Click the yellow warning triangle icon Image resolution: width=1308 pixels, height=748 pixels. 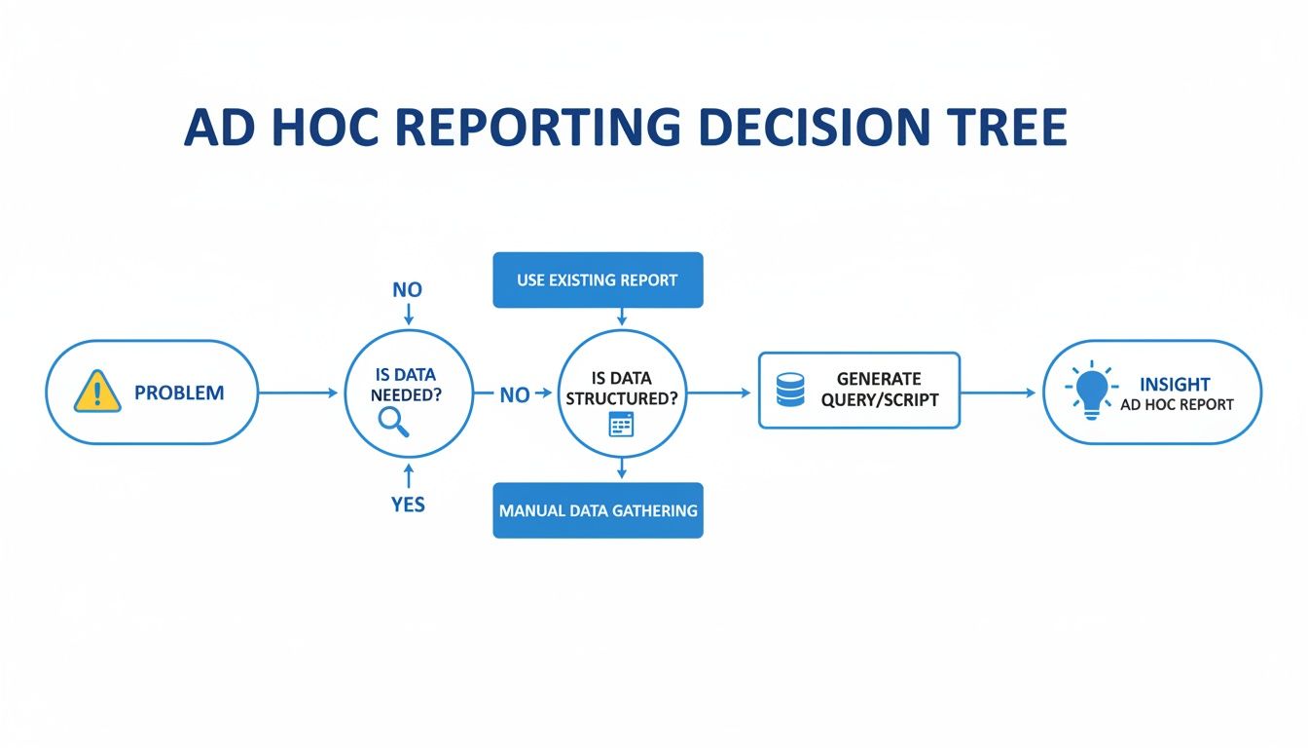[97, 392]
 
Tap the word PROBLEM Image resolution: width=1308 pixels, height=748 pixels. [179, 393]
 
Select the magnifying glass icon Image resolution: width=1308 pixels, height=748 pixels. [392, 421]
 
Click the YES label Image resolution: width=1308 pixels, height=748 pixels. [408, 505]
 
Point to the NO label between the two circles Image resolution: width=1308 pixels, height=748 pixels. [514, 394]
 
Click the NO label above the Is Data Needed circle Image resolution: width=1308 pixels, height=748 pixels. [408, 289]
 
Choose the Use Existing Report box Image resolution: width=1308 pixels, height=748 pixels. [598, 280]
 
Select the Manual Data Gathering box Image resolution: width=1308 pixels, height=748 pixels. [598, 510]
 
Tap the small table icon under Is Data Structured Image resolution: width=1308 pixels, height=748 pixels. [620, 424]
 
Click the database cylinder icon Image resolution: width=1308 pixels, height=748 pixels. [790, 391]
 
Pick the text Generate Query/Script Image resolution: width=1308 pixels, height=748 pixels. [878, 390]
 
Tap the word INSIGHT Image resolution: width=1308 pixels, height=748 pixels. [1175, 385]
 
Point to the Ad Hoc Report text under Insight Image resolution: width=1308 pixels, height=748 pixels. [1177, 405]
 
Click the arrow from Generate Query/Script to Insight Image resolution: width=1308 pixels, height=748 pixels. [999, 393]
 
